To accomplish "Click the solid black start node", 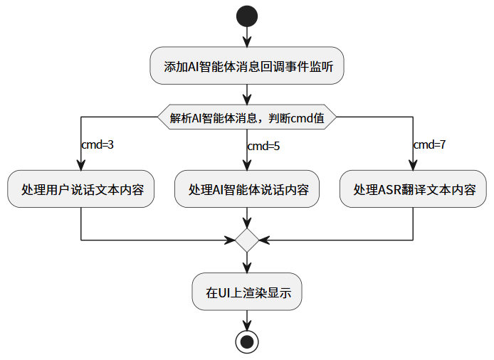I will [x=247, y=14].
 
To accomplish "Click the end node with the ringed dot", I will [x=247, y=342].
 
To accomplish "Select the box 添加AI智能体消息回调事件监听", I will [x=247, y=66].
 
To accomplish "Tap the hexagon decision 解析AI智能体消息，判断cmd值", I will [x=247, y=117].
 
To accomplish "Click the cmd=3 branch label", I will [x=98, y=144].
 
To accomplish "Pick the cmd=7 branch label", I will [x=429, y=144].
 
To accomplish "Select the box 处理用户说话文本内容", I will [x=82, y=189].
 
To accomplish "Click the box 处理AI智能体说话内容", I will [x=247, y=189].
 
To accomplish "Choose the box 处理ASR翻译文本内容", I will [x=413, y=189].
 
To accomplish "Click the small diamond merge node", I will [x=247, y=240].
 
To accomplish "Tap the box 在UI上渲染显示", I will [x=247, y=292].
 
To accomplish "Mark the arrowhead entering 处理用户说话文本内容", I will [x=82, y=166].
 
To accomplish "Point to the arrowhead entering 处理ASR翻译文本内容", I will [x=413, y=166].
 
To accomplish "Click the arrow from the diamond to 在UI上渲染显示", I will [x=247, y=263].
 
